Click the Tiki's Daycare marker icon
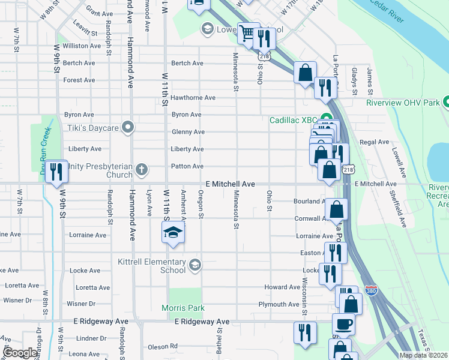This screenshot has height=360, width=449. tap(127, 127)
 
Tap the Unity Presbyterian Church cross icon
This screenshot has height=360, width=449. tap(141, 169)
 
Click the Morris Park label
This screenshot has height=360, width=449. tap(182, 308)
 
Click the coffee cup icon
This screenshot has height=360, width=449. tap(344, 325)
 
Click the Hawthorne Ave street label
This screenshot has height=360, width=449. tap(193, 98)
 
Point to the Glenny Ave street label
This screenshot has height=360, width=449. tap(188, 132)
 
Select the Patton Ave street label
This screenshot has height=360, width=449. tap(187, 166)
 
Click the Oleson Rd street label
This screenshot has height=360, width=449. tap(163, 346)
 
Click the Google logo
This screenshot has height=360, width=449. tap(20, 353)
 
